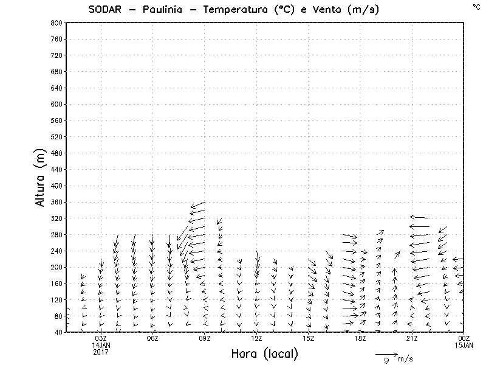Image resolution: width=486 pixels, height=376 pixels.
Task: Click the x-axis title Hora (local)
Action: pos(264,353)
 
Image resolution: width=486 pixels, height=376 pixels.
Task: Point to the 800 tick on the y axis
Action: pos(56,23)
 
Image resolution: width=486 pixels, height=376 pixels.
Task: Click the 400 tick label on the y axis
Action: pos(56,186)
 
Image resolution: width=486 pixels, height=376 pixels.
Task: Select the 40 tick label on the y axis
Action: pos(58,332)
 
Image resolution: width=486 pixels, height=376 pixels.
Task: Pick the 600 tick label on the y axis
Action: pos(56,104)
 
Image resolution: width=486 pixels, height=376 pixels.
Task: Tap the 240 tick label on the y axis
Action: pos(56,251)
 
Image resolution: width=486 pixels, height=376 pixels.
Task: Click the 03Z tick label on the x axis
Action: pos(101,339)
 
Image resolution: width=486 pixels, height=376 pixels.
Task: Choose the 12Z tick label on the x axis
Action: pos(256,339)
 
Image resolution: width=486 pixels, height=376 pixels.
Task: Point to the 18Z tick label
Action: pos(360,339)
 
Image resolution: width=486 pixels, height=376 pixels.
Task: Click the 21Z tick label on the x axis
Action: pos(412,339)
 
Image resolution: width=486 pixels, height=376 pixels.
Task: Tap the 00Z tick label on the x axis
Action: pos(464,339)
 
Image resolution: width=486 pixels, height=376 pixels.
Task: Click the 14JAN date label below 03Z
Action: pos(101,346)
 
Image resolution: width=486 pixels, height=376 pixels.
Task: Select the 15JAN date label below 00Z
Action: pos(464,346)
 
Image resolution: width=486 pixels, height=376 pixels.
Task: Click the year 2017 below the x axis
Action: pos(101,352)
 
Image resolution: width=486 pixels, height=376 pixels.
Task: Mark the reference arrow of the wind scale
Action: pos(386,353)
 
